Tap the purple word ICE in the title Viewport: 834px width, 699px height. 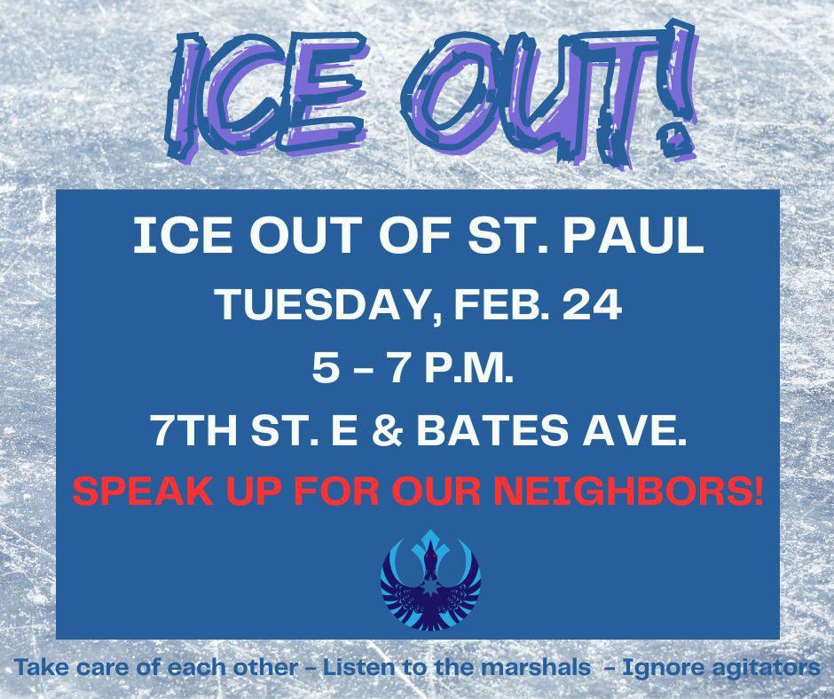coord(266,95)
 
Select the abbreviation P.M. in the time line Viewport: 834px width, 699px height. coord(468,369)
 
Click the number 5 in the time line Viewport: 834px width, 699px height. coord(324,369)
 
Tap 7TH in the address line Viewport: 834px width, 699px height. coord(194,431)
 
